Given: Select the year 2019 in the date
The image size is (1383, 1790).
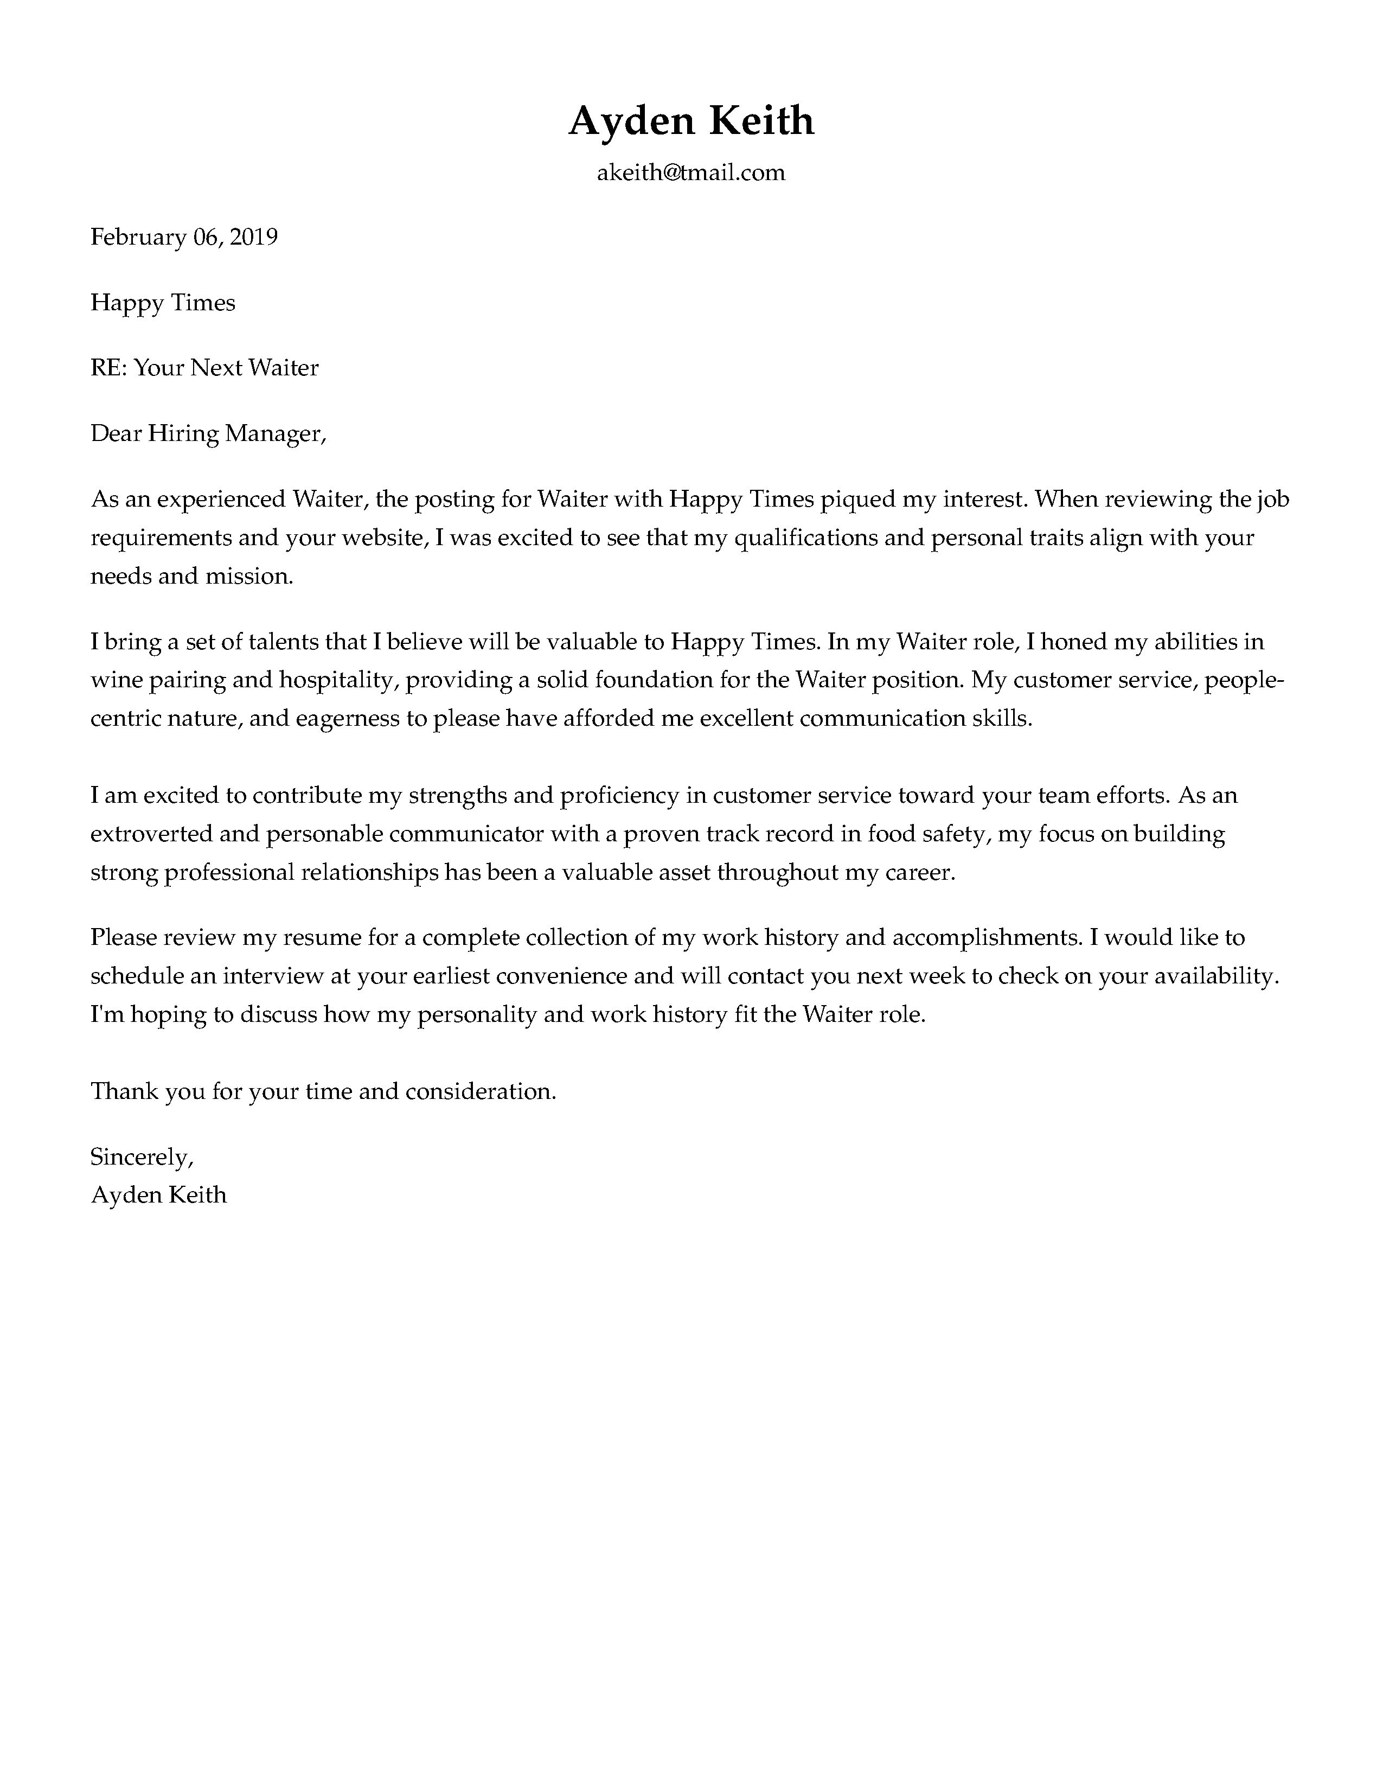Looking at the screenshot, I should pos(253,238).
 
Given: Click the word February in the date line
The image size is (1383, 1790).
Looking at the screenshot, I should pos(138,238).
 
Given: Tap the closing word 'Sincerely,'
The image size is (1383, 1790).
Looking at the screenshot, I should pos(141,1158).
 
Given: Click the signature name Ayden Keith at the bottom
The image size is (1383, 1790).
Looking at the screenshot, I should pos(158,1195).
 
